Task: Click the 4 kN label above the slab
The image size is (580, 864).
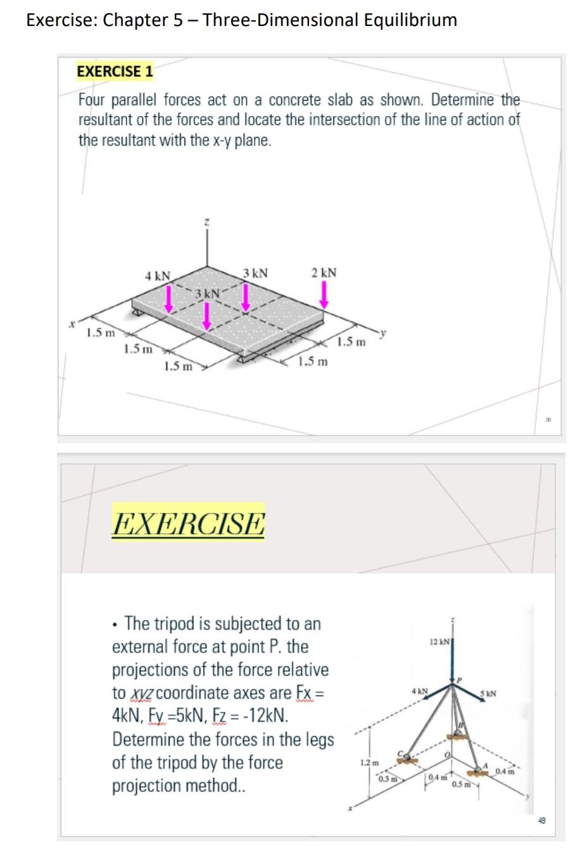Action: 157,276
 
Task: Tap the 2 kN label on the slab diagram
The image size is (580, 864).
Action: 324,273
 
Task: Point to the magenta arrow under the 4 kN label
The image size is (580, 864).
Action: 169,299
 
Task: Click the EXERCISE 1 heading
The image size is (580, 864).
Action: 115,71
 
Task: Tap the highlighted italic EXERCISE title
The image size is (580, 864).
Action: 188,524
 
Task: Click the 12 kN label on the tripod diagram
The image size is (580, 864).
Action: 439,642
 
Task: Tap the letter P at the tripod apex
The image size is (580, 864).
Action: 460,680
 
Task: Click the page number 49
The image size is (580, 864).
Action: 541,821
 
